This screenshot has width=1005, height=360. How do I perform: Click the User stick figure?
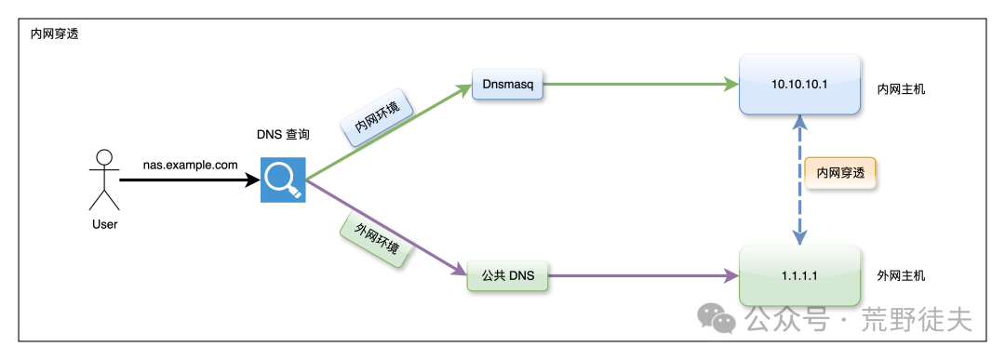coord(104,180)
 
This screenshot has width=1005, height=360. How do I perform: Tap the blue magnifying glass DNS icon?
coord(283,180)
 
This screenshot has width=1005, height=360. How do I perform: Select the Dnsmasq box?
coord(508,84)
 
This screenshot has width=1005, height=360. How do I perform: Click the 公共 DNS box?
coord(508,276)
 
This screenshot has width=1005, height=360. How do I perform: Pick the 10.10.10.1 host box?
coord(800,85)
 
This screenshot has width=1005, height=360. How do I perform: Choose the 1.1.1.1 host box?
coord(800,276)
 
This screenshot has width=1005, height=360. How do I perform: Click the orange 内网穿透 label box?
coord(839,173)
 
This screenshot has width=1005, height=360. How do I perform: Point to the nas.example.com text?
coord(191,165)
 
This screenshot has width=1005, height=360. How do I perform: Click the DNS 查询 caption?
coord(283,135)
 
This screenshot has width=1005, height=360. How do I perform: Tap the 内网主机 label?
coord(901,89)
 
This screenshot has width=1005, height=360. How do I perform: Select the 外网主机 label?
coord(901,276)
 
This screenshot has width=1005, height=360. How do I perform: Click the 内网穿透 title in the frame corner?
coord(55,34)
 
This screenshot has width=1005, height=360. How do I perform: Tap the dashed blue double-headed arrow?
coord(800,180)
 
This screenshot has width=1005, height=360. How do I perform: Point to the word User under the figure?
coord(104,224)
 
